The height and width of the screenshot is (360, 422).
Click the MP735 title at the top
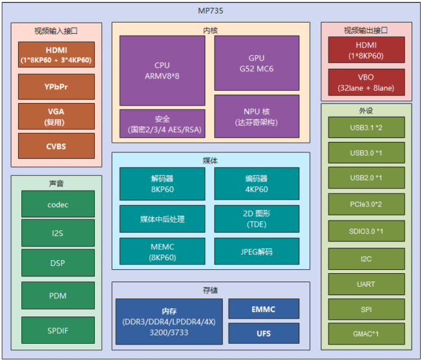(x=211, y=11)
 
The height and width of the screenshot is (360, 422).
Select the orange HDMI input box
(x=56, y=55)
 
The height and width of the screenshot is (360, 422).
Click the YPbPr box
(x=56, y=87)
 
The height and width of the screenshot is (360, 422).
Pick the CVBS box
(x=56, y=146)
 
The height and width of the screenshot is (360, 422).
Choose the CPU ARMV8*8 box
(x=162, y=70)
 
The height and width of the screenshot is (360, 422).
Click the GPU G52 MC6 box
(x=256, y=63)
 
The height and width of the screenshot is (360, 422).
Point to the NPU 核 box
(x=256, y=116)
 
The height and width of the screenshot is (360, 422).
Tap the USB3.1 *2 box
(x=366, y=127)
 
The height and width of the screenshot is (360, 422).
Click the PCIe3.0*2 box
(x=366, y=204)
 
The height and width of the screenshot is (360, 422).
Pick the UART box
(x=366, y=283)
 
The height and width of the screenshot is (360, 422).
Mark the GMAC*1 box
(x=366, y=334)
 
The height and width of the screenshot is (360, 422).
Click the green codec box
(x=58, y=204)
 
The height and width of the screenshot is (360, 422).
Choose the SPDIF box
(x=58, y=330)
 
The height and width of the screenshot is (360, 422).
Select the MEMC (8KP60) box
(x=162, y=252)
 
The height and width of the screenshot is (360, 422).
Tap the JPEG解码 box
(x=256, y=252)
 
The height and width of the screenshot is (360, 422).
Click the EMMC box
(x=264, y=309)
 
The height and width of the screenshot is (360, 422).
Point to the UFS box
(x=264, y=333)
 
